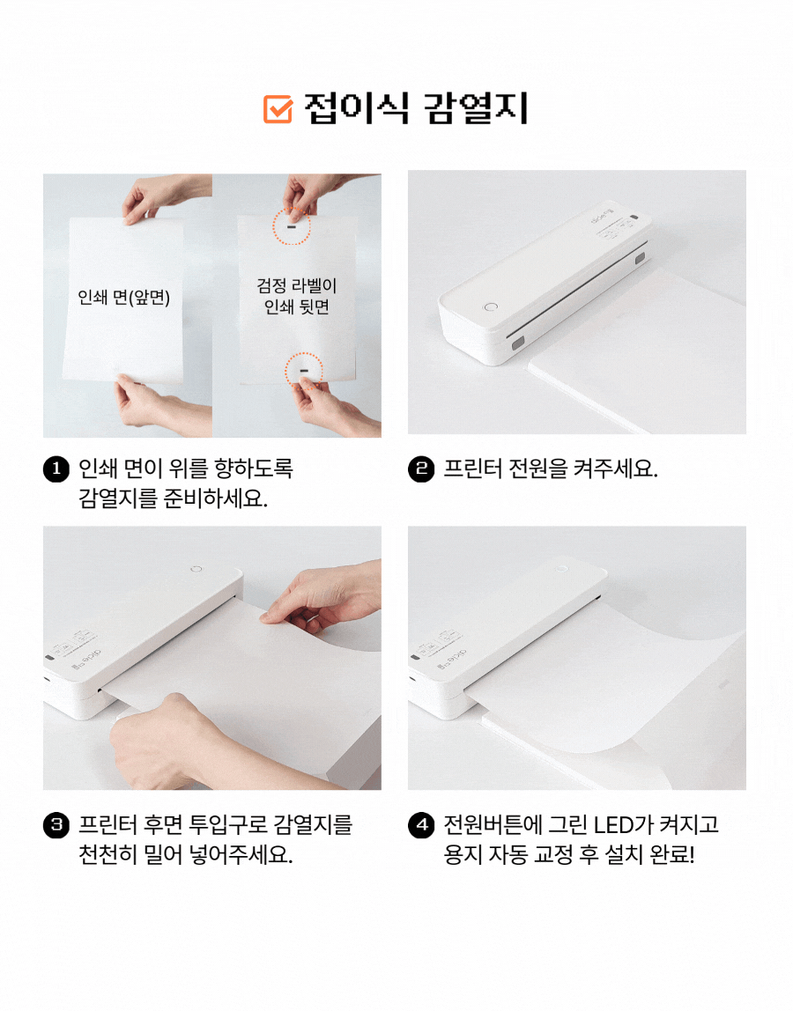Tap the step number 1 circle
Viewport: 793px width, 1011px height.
[56, 469]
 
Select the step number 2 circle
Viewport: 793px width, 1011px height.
[421, 469]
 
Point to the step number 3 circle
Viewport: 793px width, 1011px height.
[56, 824]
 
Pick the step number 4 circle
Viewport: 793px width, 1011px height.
[421, 824]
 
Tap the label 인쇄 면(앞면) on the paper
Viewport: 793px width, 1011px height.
[124, 298]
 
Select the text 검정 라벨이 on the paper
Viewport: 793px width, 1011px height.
[297, 285]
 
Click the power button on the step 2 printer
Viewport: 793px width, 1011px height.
[491, 306]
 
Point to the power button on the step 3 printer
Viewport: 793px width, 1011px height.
[196, 569]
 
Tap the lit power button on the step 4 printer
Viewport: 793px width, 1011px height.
[561, 569]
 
